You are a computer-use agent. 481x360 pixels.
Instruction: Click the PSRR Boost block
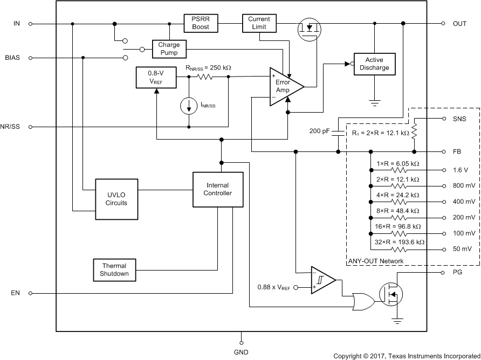(x=201, y=23)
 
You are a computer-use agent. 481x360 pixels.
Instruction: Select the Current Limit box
(x=259, y=23)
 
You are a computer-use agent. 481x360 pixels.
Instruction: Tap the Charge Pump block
(x=169, y=49)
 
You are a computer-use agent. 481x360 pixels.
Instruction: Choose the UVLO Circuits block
(x=116, y=199)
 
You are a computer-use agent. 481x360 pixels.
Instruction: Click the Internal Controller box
(x=218, y=189)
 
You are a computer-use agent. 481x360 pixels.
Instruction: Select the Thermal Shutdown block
(x=115, y=269)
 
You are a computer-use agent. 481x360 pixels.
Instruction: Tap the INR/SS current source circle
(x=189, y=106)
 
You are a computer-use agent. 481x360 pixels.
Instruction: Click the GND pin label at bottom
(x=241, y=352)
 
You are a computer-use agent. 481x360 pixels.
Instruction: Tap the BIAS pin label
(x=12, y=57)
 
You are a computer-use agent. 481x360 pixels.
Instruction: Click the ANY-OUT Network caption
(x=375, y=261)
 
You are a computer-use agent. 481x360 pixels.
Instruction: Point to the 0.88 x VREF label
(x=274, y=288)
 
